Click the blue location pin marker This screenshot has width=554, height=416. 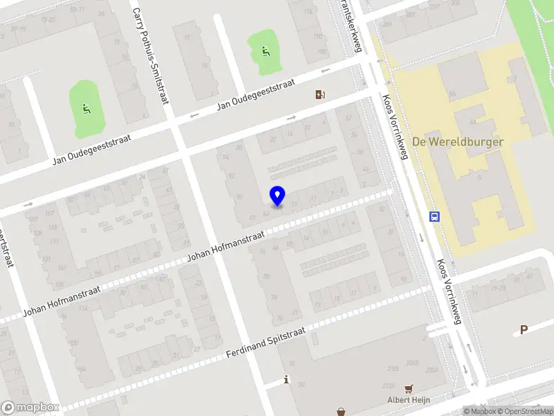(277, 195)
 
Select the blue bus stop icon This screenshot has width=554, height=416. (435, 216)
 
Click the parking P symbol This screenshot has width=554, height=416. (524, 331)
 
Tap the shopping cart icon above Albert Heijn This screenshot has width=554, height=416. (409, 389)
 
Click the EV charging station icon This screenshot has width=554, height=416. (320, 95)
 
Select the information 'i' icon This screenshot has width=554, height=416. (287, 379)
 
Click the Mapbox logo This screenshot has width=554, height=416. (30, 408)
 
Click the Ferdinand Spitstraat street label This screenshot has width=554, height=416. (266, 342)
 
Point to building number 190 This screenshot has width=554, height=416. (320, 51)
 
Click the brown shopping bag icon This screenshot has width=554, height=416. (341, 411)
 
